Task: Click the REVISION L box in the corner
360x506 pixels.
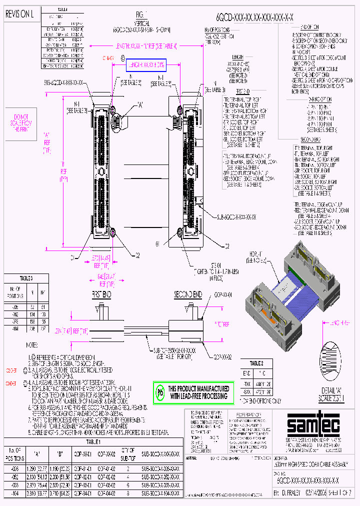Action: (x=19, y=14)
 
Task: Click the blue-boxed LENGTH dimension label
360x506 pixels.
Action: (x=145, y=65)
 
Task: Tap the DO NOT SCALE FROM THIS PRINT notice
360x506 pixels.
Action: (x=21, y=122)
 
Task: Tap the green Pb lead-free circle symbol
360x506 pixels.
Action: (x=161, y=392)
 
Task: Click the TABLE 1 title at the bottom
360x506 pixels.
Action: (x=93, y=442)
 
